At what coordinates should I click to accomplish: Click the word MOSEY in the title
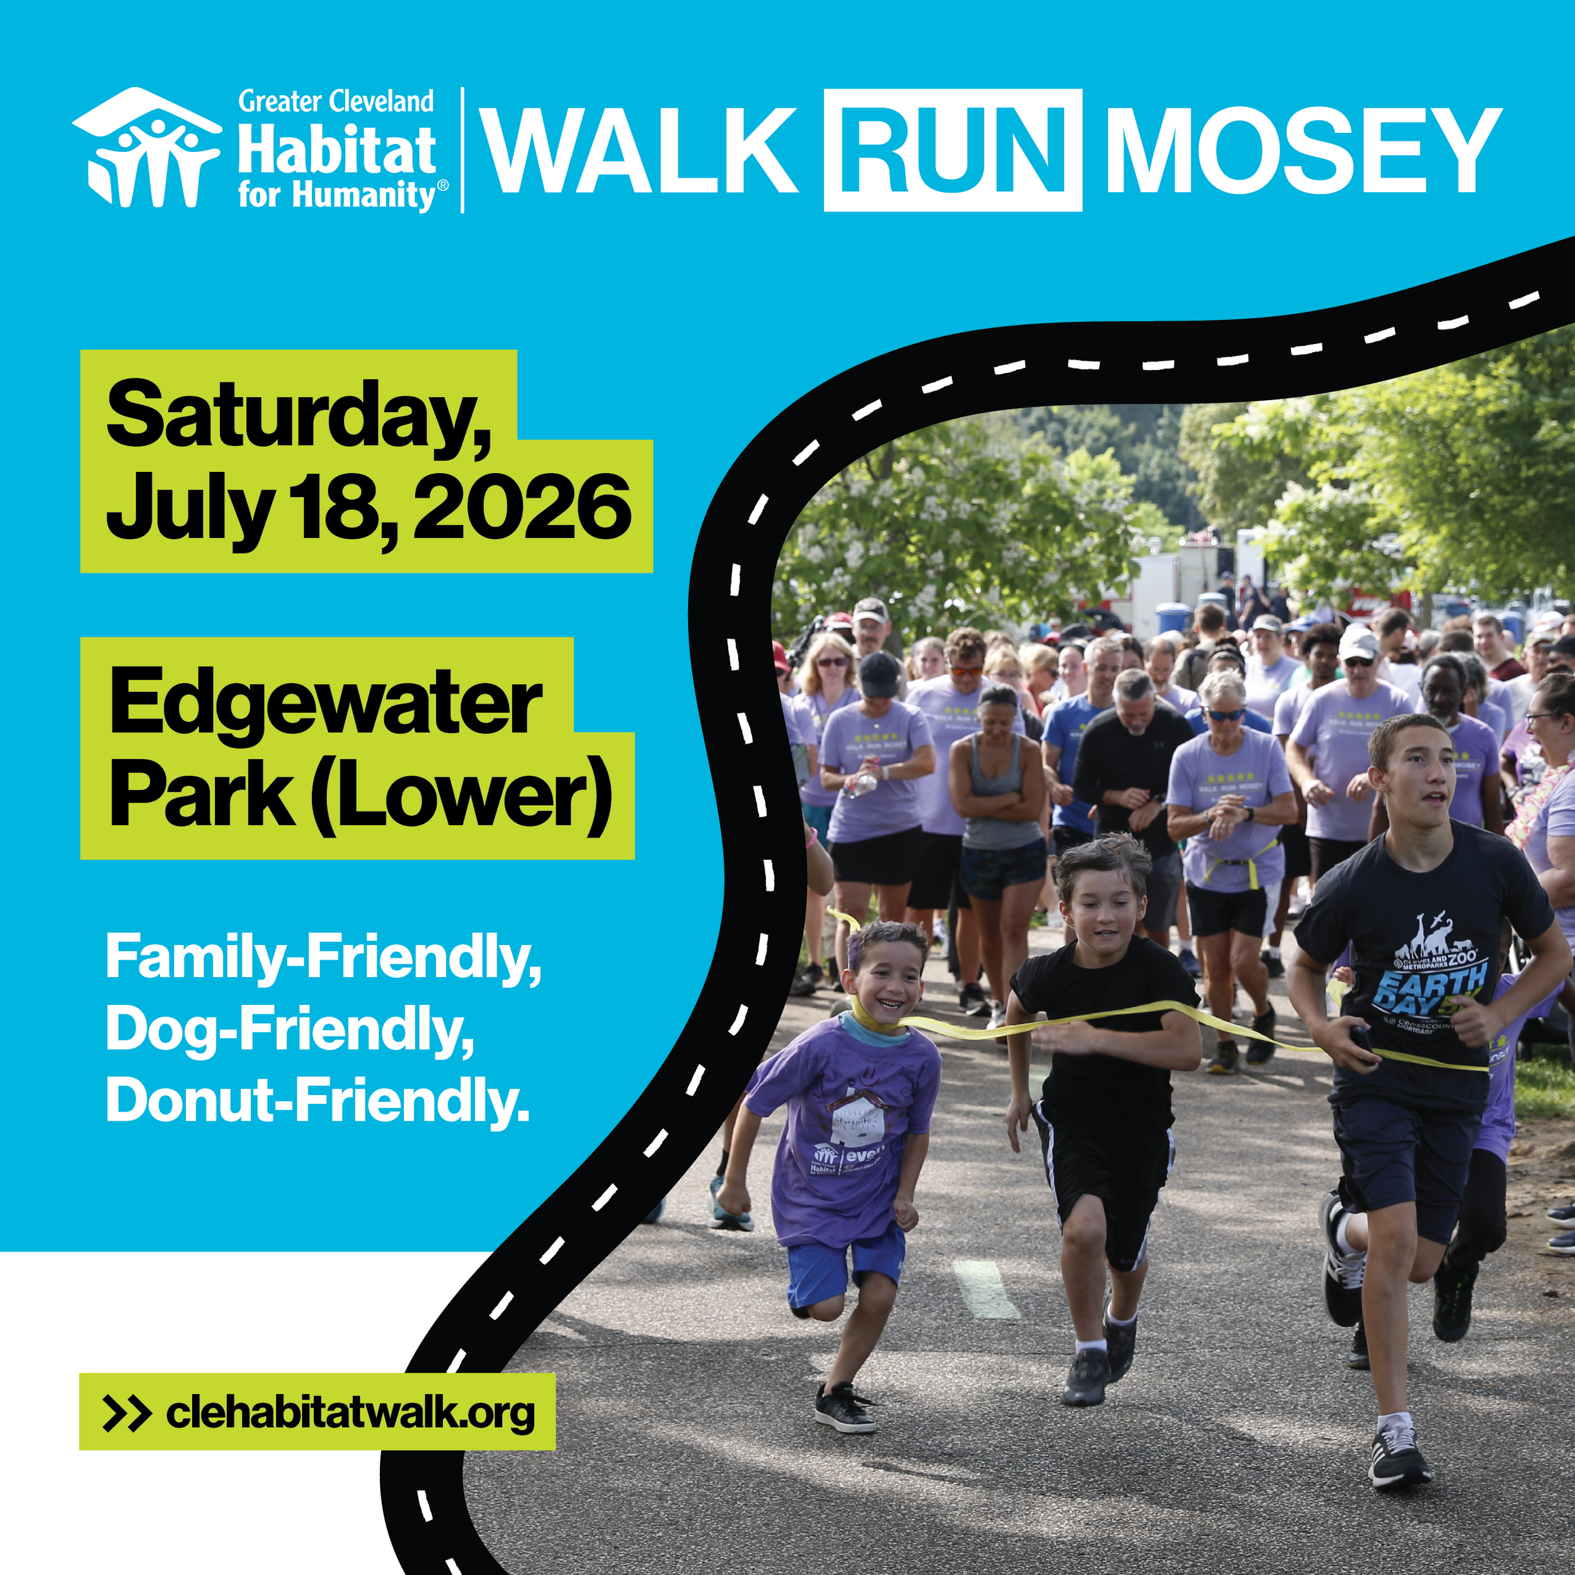1302,151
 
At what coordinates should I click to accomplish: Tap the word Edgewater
326,702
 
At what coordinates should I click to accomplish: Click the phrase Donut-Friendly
318,1101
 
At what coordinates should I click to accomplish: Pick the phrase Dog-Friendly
289,1029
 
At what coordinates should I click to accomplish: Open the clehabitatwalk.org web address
350,1412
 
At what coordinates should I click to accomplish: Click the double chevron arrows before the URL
127,1412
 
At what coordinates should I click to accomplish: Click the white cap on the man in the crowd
1358,644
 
